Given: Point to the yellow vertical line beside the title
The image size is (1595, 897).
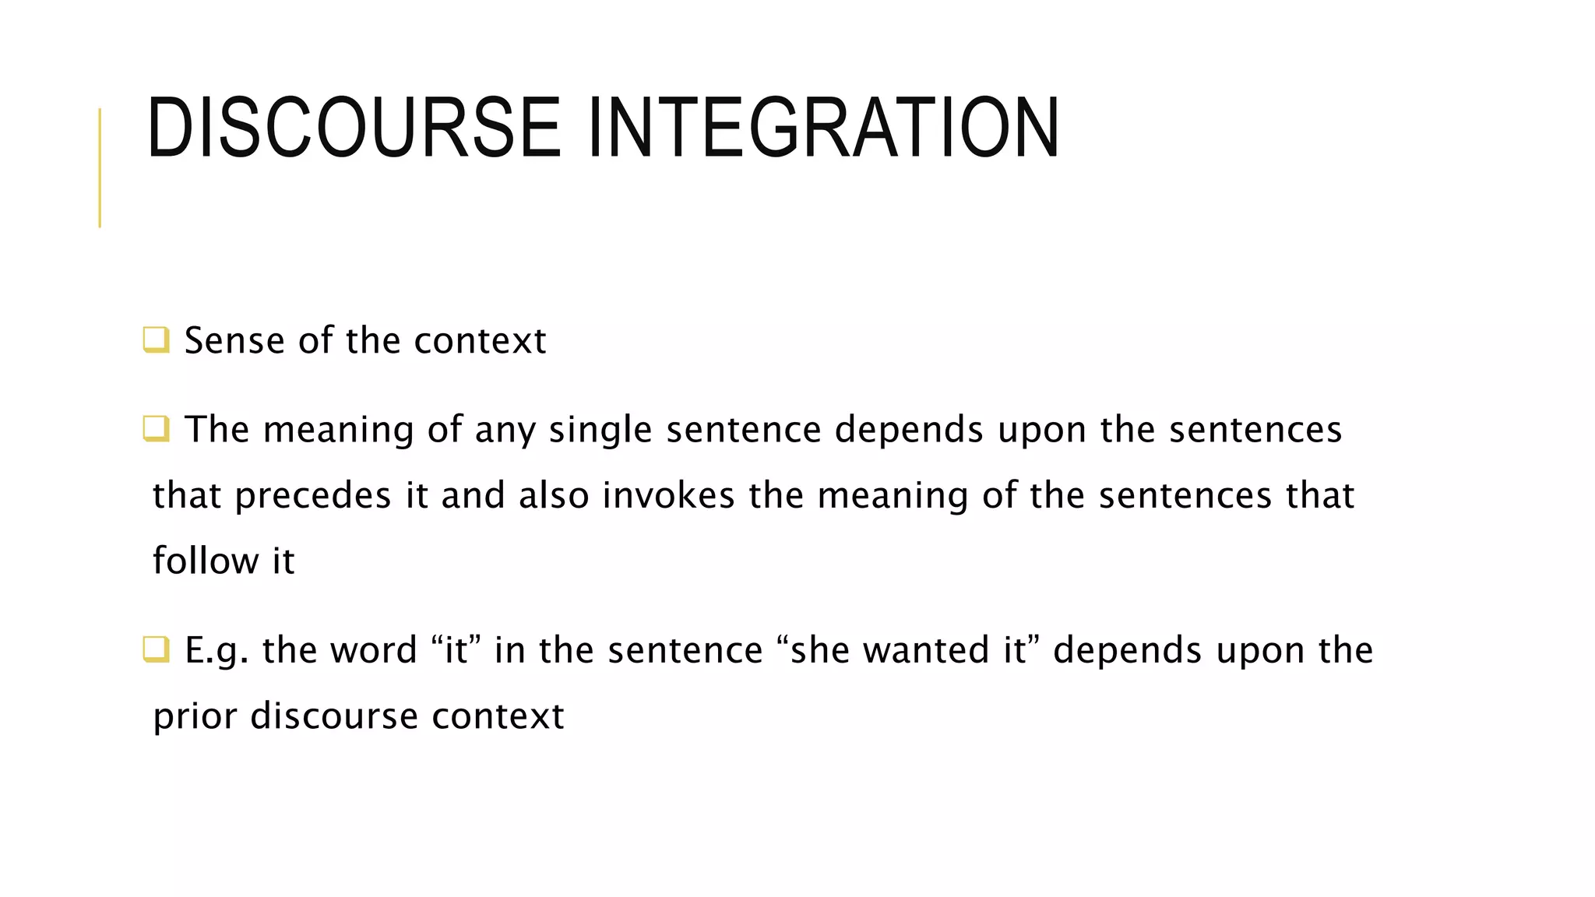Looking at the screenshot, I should coord(100,167).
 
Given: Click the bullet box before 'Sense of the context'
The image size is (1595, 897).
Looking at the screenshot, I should coord(156,340).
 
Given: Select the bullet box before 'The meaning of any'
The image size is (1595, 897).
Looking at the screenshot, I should coord(156,429).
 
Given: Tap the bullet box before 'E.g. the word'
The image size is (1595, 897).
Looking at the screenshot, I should coord(156,649).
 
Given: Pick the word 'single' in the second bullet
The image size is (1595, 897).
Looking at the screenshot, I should coord(600,430).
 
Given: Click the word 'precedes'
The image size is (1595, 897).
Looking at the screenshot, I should coord(312,496).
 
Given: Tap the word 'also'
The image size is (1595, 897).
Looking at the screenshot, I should coord(554,496).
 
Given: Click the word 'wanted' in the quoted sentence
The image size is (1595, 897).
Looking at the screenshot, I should coord(926,650).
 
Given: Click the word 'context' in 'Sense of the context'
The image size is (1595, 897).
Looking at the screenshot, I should coord(480,341).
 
